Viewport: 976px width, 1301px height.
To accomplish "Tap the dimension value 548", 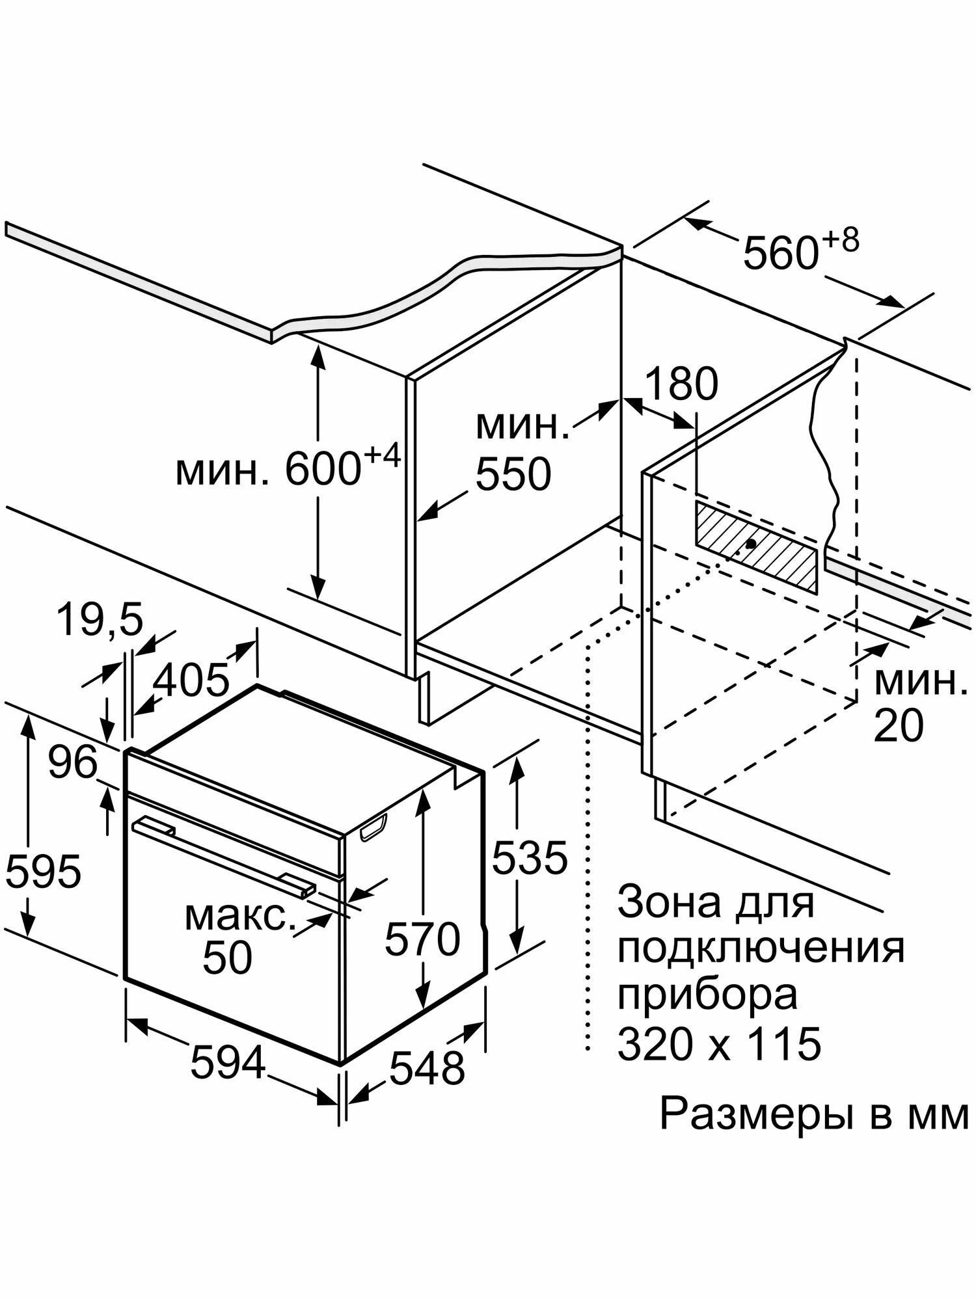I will tap(427, 1067).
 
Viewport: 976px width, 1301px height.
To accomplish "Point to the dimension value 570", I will tap(422, 939).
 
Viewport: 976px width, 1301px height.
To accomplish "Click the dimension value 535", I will tap(530, 857).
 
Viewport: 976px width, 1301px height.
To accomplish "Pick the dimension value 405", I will tap(191, 680).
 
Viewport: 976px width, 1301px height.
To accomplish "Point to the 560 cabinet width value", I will tap(779, 253).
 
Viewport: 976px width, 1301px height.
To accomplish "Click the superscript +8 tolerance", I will tap(840, 239).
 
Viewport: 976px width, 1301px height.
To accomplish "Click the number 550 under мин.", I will tap(513, 474).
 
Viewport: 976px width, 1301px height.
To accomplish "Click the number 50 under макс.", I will tap(227, 957).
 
